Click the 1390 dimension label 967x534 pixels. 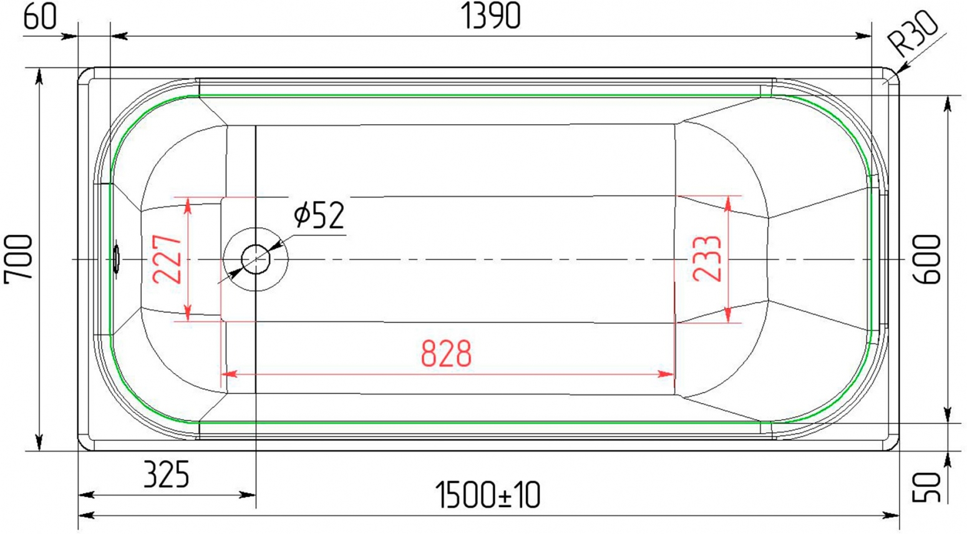coord(491,16)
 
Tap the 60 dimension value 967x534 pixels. coord(40,17)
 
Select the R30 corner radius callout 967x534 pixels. coord(913,34)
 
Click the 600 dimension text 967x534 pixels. coord(927,259)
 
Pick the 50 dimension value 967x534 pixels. coord(926,487)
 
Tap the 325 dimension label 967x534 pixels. coord(166,475)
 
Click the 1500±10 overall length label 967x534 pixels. coord(488,495)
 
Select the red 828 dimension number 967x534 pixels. coord(446,354)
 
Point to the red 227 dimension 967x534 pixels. coord(167,259)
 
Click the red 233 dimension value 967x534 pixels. coord(707,259)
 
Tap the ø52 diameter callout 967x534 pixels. coord(319,215)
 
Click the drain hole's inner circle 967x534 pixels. coord(256,259)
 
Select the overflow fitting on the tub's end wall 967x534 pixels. coord(116,259)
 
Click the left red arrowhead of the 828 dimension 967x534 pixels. coord(229,374)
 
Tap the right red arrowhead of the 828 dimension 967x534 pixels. coord(665,374)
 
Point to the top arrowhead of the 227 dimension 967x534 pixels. coord(187,205)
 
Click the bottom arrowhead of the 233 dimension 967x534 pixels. coord(728,314)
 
